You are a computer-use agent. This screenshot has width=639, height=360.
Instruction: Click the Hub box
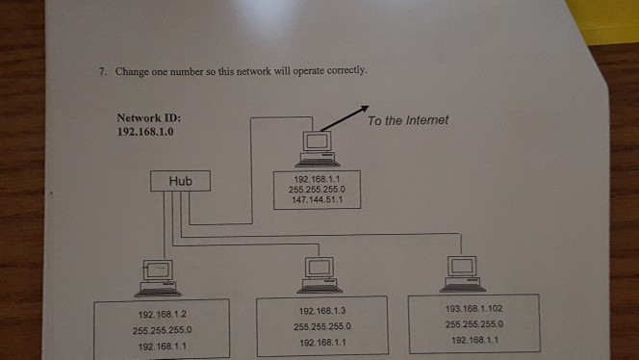[180, 180]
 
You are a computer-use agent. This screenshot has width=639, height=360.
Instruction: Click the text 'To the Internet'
[407, 120]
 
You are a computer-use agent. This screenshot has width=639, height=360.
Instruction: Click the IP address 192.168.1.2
[162, 313]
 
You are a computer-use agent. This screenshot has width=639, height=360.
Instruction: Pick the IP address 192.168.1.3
[322, 311]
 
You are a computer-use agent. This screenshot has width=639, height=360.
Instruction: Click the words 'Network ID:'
[148, 118]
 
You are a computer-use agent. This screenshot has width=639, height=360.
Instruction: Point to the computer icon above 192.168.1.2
[157, 276]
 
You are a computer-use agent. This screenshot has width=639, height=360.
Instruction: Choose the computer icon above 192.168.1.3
[319, 272]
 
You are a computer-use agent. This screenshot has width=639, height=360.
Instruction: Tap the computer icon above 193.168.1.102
[463, 270]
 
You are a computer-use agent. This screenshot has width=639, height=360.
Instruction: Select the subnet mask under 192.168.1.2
[162, 328]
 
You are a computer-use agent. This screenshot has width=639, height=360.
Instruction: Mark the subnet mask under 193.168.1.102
[473, 323]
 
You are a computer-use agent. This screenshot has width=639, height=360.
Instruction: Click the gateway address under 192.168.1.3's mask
[322, 342]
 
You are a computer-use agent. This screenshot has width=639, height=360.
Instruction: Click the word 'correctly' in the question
[345, 72]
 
